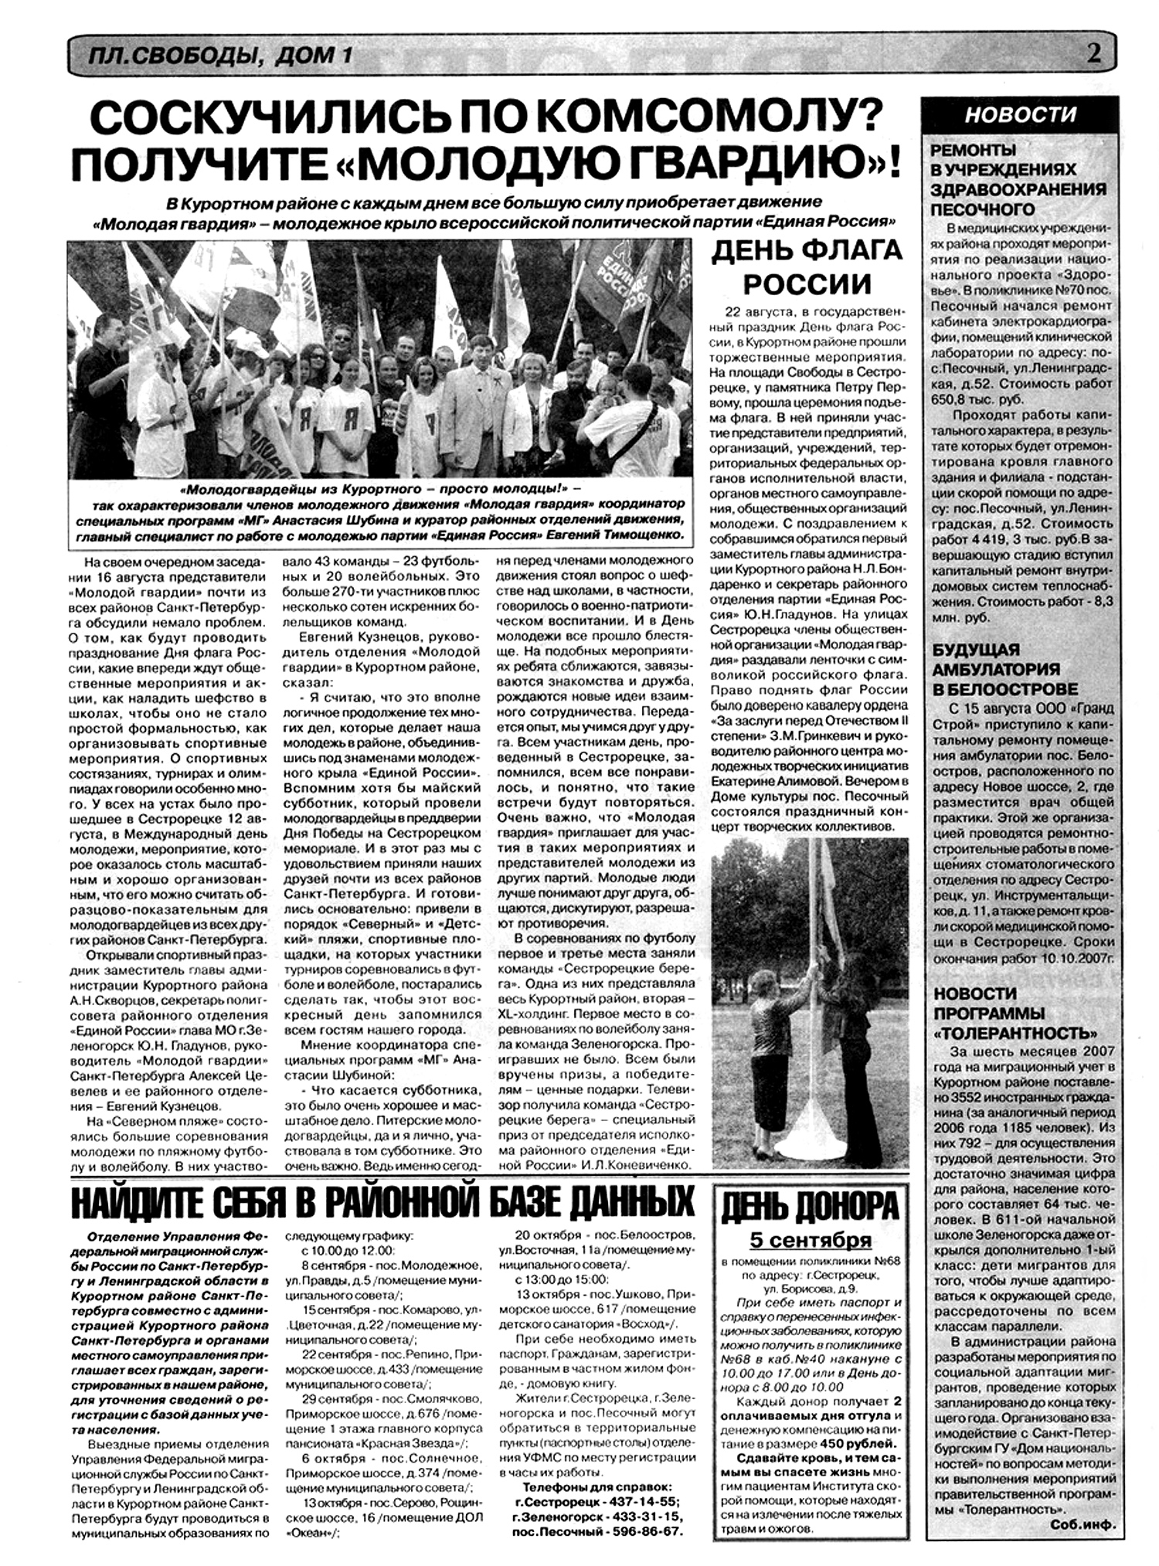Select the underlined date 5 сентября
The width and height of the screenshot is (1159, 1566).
[x=810, y=1240]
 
